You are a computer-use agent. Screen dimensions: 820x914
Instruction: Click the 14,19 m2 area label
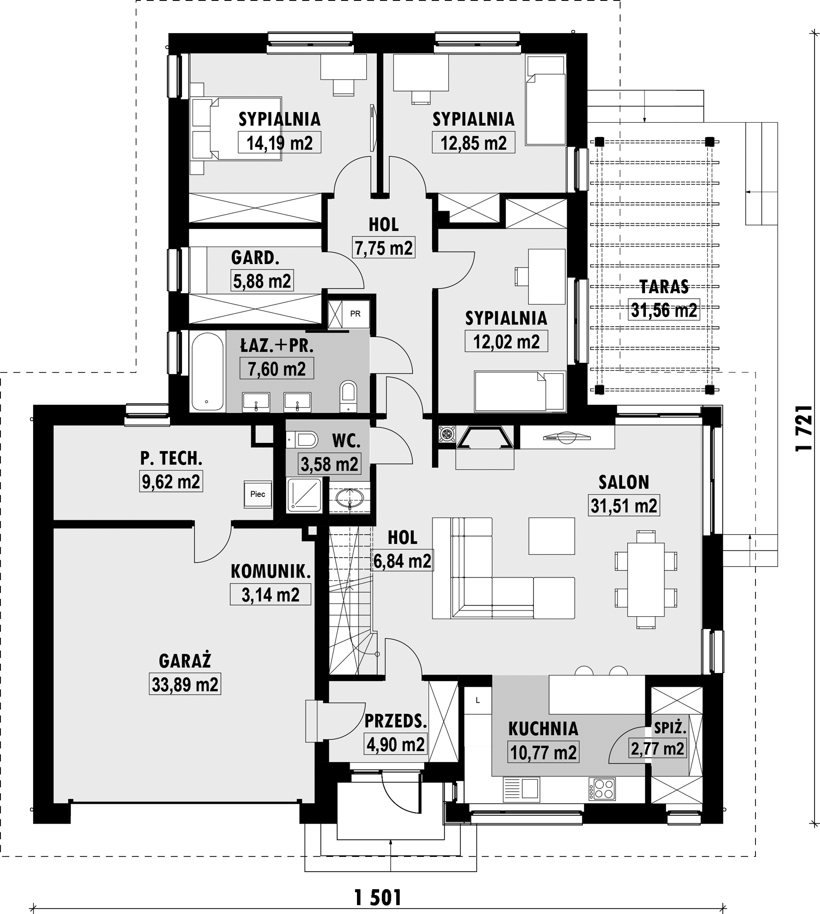click(x=280, y=143)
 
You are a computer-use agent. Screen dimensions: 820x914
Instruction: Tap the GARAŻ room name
click(x=185, y=661)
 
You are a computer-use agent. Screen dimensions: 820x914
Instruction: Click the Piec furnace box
click(x=258, y=495)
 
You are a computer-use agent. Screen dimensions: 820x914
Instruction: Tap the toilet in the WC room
click(x=302, y=440)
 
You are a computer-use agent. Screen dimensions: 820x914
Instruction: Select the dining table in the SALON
click(x=646, y=579)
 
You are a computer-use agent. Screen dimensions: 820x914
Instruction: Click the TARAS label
click(x=664, y=287)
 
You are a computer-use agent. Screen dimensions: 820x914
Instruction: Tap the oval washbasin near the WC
click(x=350, y=498)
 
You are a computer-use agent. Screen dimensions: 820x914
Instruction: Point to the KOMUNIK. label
click(x=270, y=572)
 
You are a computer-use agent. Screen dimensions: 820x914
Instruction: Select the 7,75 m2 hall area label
click(x=384, y=248)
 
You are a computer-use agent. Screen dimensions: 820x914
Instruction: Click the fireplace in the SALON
click(x=485, y=438)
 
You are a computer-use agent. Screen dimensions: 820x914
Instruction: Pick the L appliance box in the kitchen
click(x=478, y=700)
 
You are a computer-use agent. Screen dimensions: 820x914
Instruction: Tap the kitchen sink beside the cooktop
click(x=521, y=788)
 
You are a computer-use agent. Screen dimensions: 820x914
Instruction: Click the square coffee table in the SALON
click(x=551, y=536)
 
